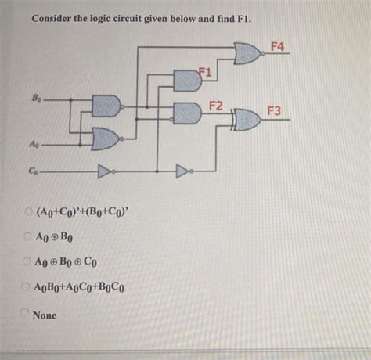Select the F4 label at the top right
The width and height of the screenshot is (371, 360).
coord(276,47)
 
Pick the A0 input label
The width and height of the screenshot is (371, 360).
coord(35,144)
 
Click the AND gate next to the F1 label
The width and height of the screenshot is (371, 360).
coord(186,79)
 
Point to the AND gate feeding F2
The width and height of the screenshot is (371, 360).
coord(186,110)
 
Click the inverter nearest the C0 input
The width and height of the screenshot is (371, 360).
coord(105,167)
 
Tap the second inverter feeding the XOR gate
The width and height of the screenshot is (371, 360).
coord(183,167)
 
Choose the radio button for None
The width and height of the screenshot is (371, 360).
coord(24,315)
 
